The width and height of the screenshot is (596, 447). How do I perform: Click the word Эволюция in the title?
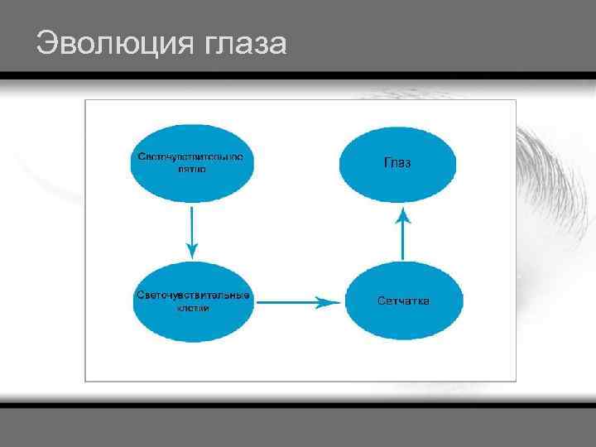(x=115, y=43)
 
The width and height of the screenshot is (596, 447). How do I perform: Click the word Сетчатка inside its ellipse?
(x=403, y=300)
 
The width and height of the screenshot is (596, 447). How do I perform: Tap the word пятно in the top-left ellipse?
(x=191, y=169)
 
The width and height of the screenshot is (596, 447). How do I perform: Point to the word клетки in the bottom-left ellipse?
(x=193, y=308)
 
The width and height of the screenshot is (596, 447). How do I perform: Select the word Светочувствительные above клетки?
(x=193, y=296)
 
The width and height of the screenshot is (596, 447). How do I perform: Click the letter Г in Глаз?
(x=387, y=163)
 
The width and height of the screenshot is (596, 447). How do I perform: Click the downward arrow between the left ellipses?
(x=192, y=232)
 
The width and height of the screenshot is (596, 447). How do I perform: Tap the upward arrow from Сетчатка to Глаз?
(x=402, y=236)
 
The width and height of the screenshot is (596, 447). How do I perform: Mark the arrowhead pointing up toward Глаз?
(x=402, y=217)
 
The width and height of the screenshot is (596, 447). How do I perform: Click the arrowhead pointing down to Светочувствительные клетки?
(x=192, y=249)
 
